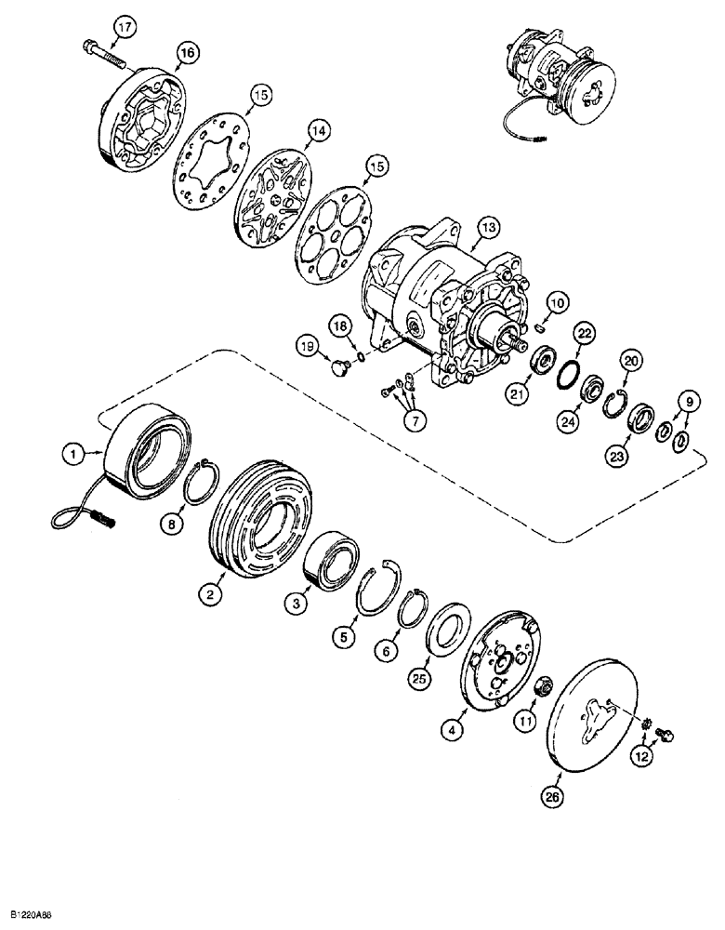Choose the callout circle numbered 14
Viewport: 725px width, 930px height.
pos(319,133)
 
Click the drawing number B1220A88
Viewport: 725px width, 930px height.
pos(39,915)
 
